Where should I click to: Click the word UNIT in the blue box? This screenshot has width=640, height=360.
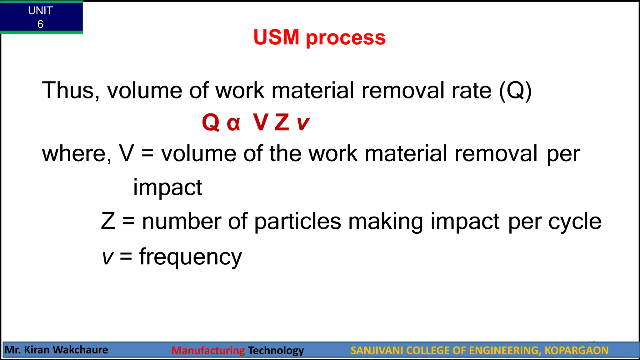click(40, 11)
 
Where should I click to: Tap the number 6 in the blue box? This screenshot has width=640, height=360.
click(40, 24)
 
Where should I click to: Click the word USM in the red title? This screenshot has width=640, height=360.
click(276, 37)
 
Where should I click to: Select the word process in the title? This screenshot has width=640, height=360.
click(346, 38)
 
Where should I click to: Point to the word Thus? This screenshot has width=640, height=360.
click(71, 91)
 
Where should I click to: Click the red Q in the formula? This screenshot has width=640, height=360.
click(211, 122)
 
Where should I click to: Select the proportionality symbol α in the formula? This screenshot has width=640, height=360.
click(233, 123)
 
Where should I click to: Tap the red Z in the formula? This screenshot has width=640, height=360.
click(282, 122)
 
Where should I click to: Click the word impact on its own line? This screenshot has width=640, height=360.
click(167, 187)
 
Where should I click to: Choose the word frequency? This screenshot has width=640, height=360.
click(191, 257)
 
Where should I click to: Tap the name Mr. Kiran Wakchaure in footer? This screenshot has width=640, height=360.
click(57, 350)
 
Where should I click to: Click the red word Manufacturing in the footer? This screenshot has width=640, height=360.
click(208, 351)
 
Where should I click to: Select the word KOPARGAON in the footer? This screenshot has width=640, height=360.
click(576, 351)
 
